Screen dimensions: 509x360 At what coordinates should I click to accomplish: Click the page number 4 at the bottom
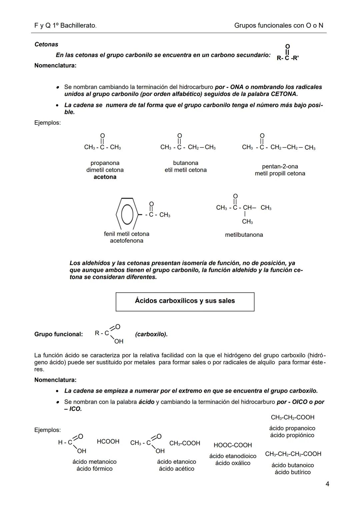(x=327, y=484)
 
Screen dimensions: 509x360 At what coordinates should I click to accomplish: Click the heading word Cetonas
(x=46, y=44)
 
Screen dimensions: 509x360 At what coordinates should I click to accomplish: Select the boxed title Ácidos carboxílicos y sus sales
(x=185, y=301)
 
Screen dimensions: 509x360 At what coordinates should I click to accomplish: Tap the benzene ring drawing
(x=127, y=214)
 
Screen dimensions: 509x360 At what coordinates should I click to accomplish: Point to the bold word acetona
(x=105, y=177)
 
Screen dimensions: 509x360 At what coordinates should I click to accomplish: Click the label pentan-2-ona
(x=280, y=166)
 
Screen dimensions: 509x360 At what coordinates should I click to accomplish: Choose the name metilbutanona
(x=244, y=235)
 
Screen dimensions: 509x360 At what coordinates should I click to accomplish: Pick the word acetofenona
(x=127, y=241)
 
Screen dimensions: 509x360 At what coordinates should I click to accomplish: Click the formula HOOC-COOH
(x=233, y=445)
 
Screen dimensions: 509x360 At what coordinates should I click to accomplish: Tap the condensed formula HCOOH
(x=108, y=441)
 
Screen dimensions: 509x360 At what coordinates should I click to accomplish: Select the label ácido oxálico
(x=233, y=463)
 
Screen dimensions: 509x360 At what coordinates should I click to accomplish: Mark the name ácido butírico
(x=292, y=472)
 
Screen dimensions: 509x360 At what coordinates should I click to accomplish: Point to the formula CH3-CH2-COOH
(x=292, y=417)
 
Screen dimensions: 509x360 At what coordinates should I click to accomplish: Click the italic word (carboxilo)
(x=151, y=334)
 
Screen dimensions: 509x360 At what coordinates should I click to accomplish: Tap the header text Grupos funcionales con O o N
(x=279, y=25)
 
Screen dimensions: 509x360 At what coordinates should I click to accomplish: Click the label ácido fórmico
(x=94, y=469)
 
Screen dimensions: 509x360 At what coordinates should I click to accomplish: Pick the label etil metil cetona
(x=186, y=170)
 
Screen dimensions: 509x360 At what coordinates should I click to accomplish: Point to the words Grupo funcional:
(x=58, y=334)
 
